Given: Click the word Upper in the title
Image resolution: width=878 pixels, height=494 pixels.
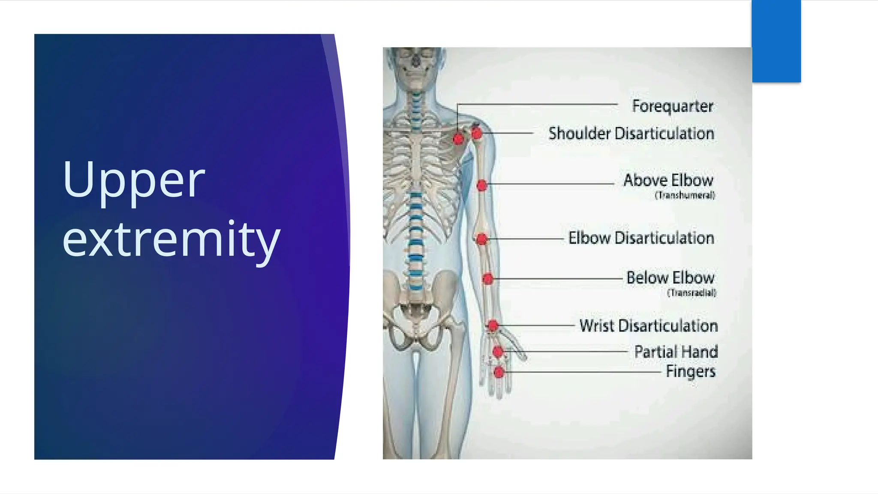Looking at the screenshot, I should click(133, 180).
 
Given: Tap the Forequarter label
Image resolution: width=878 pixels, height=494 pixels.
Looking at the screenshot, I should click(672, 106).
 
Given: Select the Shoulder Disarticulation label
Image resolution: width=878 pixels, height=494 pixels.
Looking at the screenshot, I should click(631, 133).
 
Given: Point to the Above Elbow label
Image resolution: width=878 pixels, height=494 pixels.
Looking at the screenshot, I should click(668, 180).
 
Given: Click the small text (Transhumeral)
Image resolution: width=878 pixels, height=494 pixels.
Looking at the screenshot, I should click(685, 196).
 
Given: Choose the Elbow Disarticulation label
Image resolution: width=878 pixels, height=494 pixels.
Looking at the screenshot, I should click(641, 238).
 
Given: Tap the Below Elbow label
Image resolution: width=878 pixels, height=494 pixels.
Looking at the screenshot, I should click(670, 278).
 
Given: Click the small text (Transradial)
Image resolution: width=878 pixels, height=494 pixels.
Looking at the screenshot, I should click(692, 293).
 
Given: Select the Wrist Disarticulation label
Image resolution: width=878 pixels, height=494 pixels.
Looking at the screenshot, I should click(648, 326).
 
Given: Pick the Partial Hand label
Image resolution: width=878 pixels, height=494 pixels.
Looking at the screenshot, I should click(676, 352).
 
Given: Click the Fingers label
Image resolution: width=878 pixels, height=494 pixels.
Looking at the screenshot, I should click(690, 371).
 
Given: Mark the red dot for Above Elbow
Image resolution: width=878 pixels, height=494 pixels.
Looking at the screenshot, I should click(482, 185).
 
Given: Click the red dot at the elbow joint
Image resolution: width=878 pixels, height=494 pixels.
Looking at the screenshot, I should click(481, 239).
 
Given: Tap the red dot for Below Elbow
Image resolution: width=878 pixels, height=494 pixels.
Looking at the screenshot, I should click(487, 279).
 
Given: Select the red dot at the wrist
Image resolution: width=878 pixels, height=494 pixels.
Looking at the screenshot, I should click(493, 326).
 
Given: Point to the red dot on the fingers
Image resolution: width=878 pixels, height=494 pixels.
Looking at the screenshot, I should click(499, 372).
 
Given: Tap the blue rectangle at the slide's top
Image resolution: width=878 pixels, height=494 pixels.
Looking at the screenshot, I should click(776, 41).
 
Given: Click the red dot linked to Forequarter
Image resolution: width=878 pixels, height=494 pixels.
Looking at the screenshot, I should click(458, 139).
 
